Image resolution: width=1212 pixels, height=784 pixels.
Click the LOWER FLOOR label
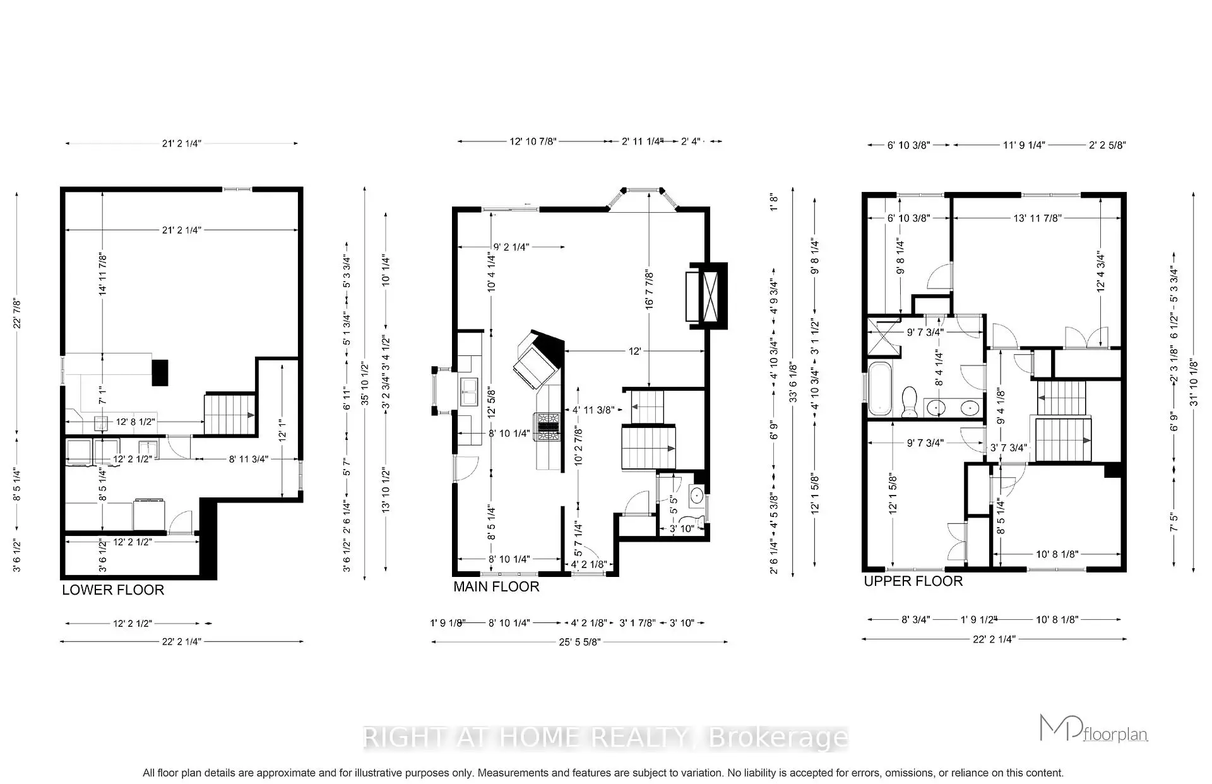(x=113, y=590)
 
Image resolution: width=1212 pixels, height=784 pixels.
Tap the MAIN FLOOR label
(x=496, y=586)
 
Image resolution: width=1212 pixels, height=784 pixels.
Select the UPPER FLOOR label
(x=913, y=581)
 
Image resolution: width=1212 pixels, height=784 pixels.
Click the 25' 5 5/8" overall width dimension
(x=579, y=642)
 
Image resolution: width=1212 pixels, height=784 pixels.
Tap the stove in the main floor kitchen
(x=547, y=426)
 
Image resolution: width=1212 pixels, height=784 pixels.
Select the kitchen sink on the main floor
(x=469, y=392)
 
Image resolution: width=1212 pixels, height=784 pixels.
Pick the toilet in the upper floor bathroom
(x=910, y=402)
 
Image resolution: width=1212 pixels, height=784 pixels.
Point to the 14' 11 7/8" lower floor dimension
(x=102, y=273)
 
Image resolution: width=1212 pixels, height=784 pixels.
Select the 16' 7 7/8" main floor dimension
(x=649, y=289)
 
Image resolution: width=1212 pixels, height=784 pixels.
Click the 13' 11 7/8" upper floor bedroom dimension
(x=1037, y=218)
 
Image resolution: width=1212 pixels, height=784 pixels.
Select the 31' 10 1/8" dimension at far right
(x=1193, y=382)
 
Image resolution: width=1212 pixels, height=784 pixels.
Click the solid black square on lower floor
(x=160, y=372)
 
